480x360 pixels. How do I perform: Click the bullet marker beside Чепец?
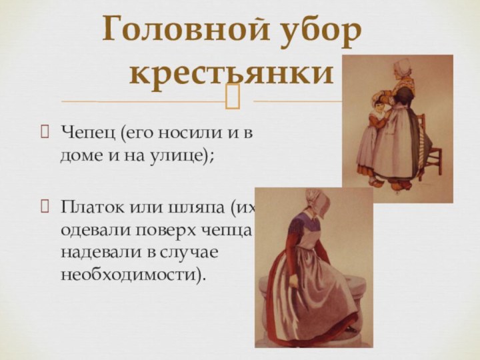click(45, 133)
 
